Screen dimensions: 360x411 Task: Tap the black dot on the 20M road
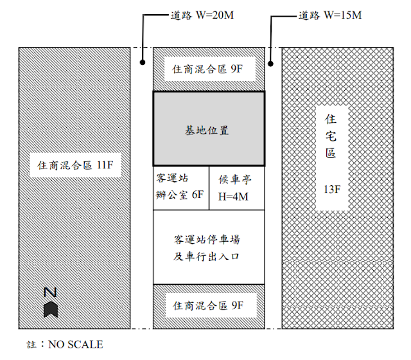pyautogui.click(x=144, y=64)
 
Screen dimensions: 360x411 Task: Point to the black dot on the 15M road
pyautogui.click(x=272, y=64)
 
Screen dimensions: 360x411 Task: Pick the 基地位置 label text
pyautogui.click(x=207, y=130)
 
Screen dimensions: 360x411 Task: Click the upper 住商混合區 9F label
pyautogui.click(x=206, y=66)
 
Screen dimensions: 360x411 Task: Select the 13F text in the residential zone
pyautogui.click(x=331, y=190)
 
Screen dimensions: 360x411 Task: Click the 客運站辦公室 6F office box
pyautogui.click(x=180, y=188)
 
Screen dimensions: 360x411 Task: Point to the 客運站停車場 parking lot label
pyautogui.click(x=207, y=240)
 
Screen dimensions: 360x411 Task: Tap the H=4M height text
pyautogui.click(x=232, y=197)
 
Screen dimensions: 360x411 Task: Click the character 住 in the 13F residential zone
pyautogui.click(x=331, y=119)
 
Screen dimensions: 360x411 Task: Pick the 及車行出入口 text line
pyautogui.click(x=207, y=256)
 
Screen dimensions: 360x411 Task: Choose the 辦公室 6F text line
pyautogui.click(x=180, y=196)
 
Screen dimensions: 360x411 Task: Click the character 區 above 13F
pyautogui.click(x=331, y=158)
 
